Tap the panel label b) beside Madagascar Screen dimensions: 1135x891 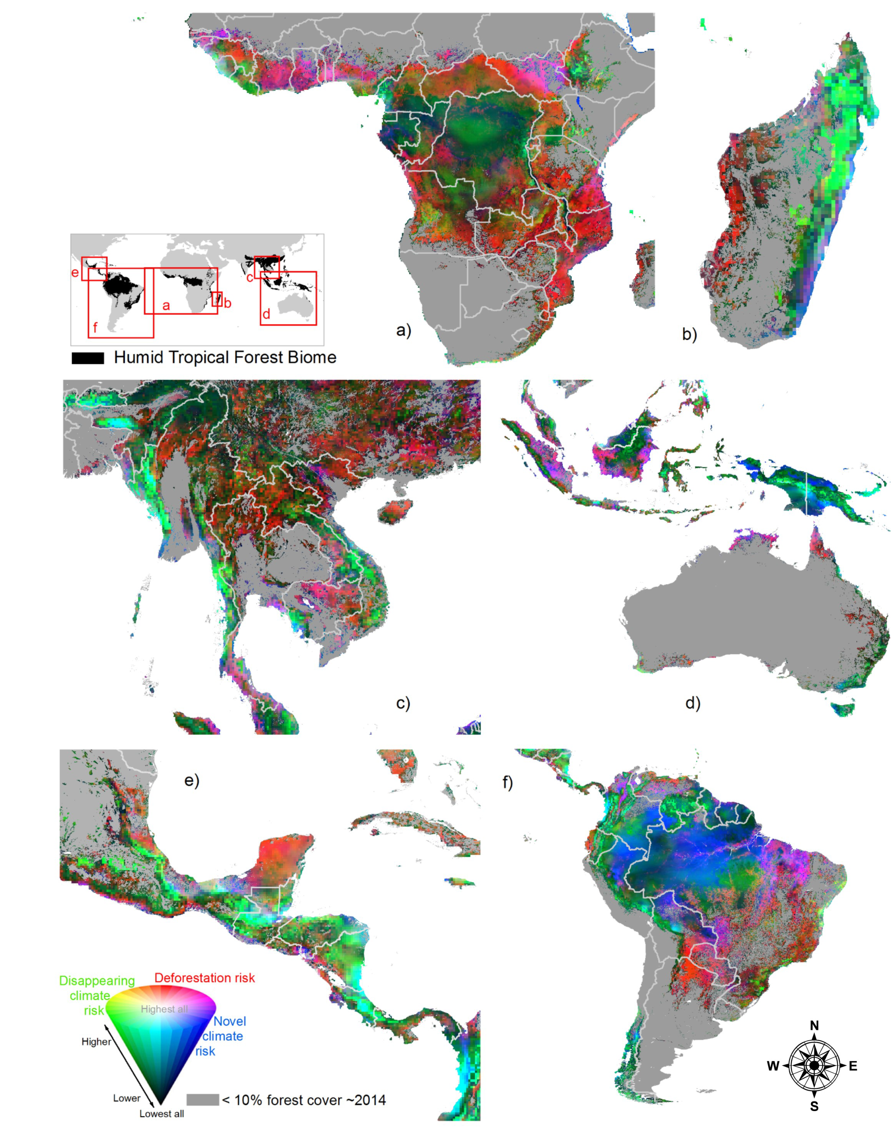click(689, 334)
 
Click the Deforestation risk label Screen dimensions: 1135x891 click(204, 978)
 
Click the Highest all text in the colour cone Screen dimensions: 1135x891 click(164, 1009)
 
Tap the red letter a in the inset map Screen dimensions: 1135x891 click(166, 305)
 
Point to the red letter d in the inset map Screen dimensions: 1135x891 click(266, 314)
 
